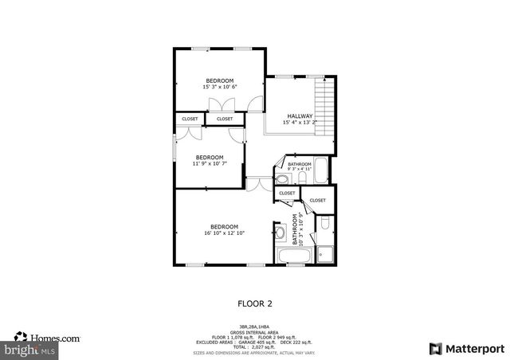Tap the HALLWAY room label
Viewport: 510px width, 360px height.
point(300,116)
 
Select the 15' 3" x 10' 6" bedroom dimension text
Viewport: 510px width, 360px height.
point(220,87)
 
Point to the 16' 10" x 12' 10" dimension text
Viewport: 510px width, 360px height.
point(224,233)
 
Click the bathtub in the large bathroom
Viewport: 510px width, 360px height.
point(295,255)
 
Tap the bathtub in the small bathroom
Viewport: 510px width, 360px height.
point(320,169)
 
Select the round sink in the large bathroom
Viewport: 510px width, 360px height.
point(280,233)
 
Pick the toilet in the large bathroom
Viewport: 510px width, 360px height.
point(327,224)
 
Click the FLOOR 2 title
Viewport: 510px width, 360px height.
point(255,303)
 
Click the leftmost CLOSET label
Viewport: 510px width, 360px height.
point(190,119)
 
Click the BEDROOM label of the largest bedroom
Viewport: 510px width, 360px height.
point(224,226)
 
